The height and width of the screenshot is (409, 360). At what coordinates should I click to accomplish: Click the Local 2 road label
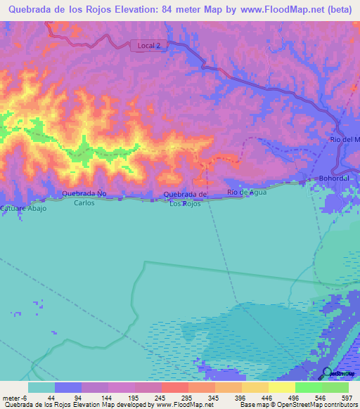148,46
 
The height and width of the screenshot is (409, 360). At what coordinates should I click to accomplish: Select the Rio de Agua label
247,192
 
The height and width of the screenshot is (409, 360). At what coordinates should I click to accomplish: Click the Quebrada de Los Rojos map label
185,199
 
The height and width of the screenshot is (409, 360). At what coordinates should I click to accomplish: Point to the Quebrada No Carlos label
84,197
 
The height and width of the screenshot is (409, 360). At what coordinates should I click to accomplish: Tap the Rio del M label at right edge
345,140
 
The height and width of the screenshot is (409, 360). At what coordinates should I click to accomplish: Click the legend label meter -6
14,397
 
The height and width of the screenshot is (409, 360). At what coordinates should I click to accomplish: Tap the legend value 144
108,397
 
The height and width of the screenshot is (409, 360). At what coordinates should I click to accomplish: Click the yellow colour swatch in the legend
281,387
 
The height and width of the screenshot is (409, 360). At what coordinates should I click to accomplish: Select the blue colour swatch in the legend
68,387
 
